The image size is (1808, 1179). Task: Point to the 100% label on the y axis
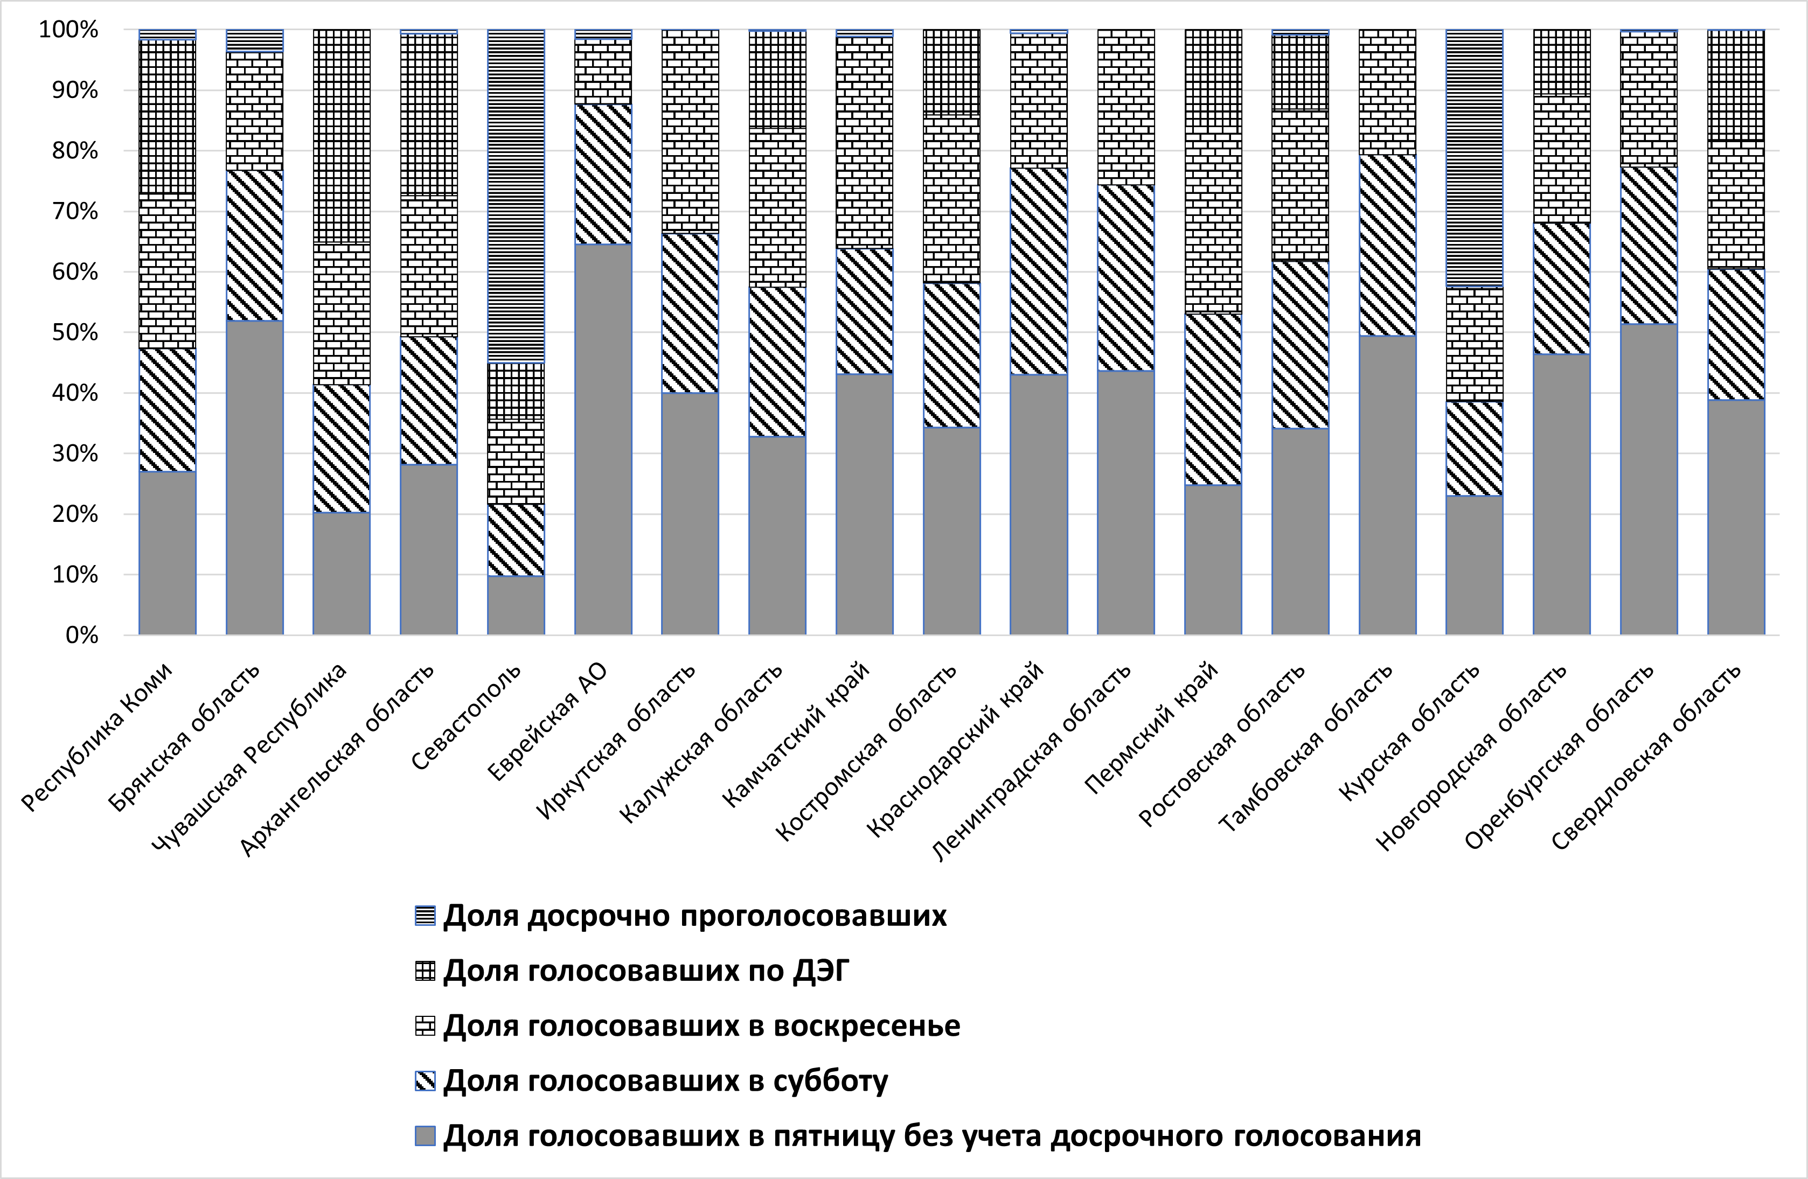69,30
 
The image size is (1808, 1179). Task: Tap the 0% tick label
81,635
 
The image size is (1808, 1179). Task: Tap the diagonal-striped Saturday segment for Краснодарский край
1039,271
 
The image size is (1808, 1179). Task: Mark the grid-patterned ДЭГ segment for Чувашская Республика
342,137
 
